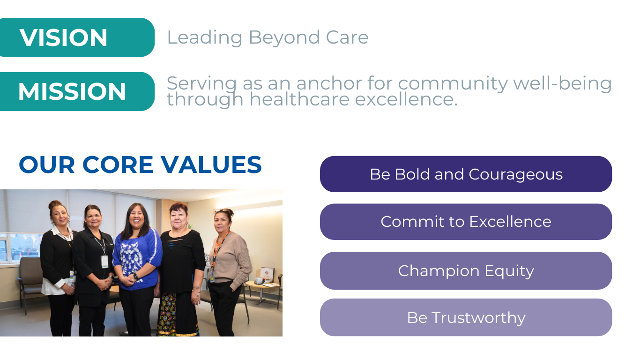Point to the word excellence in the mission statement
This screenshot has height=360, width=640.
406,99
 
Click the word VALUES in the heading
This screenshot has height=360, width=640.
211,165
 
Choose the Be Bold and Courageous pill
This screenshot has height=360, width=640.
466,174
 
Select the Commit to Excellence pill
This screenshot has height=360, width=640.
466,222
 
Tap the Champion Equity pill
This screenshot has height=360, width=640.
466,271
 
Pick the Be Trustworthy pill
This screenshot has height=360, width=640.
466,317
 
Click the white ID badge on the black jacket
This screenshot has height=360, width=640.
104,262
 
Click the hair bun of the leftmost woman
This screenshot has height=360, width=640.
55,204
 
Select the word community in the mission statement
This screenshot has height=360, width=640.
453,84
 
